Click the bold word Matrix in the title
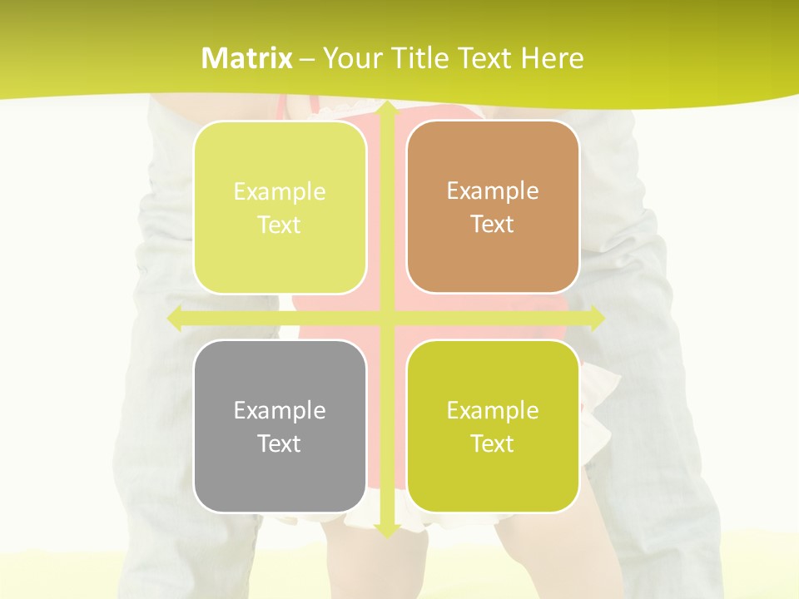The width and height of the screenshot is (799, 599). click(x=247, y=58)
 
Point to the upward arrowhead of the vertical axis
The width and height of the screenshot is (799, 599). click(x=387, y=111)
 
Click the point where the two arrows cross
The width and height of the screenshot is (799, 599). click(x=387, y=319)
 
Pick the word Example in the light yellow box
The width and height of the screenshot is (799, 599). click(x=280, y=192)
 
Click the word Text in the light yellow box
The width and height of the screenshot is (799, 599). click(x=280, y=225)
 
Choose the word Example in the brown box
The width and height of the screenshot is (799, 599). click(x=493, y=191)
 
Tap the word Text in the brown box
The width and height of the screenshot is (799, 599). click(x=493, y=225)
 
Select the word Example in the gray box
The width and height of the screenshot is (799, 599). click(x=280, y=410)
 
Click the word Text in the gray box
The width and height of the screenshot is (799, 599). click(x=280, y=443)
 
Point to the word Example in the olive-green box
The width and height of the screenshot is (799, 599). click(x=493, y=410)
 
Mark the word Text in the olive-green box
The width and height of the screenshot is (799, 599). click(x=493, y=443)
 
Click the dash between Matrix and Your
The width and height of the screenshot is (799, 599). click(x=307, y=59)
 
